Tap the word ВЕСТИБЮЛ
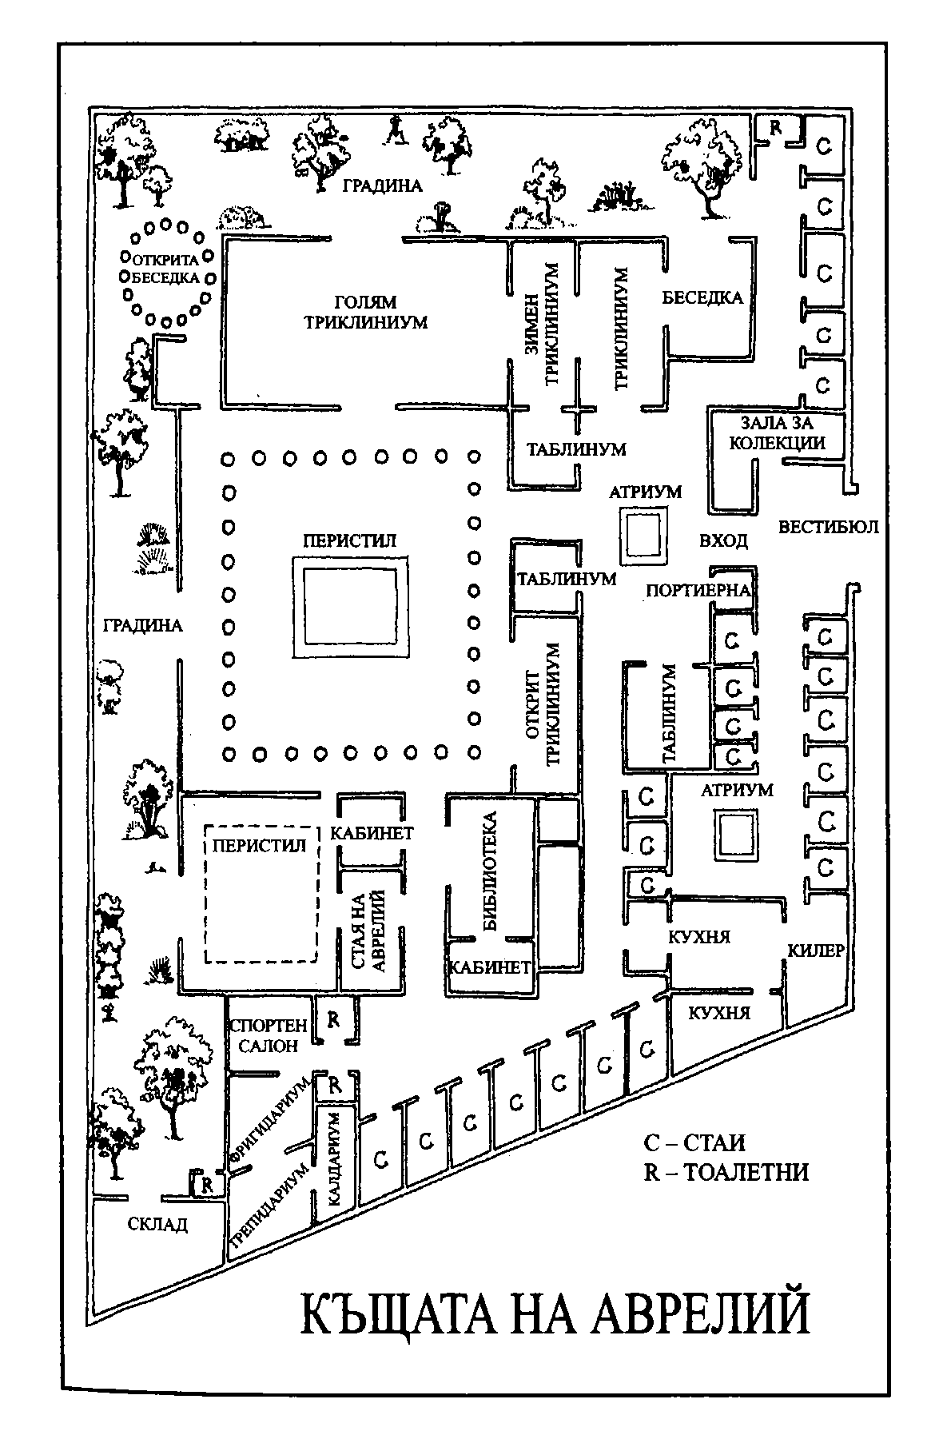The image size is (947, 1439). pyautogui.click(x=828, y=527)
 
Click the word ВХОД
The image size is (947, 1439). pyautogui.click(x=723, y=540)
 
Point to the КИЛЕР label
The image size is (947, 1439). pyautogui.click(x=815, y=951)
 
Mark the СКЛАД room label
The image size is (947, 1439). pyautogui.click(x=157, y=1224)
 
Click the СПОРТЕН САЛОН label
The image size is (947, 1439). pyautogui.click(x=266, y=1035)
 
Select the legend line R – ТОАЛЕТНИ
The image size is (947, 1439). pyautogui.click(x=726, y=1172)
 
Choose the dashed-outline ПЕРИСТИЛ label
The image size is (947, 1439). pyautogui.click(x=258, y=846)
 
